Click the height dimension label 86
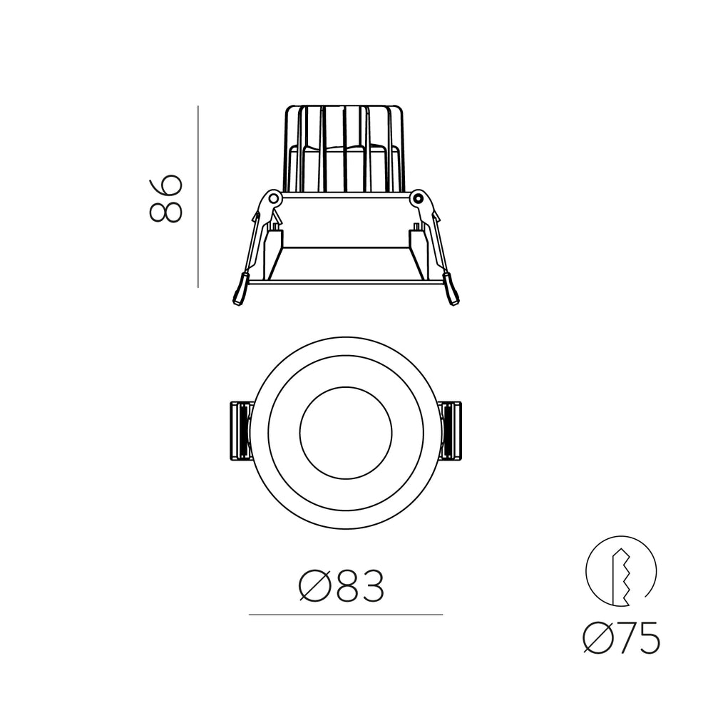(166, 199)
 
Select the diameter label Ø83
(341, 586)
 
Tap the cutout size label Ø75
(621, 637)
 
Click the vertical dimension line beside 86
(198, 197)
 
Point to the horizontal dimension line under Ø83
(346, 615)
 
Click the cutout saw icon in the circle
(621, 571)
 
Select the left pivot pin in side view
(273, 199)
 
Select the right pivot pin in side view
(417, 199)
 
